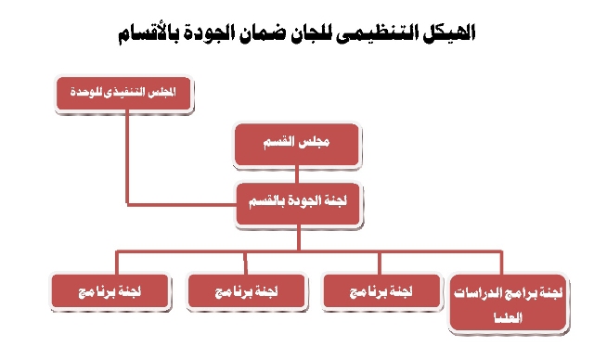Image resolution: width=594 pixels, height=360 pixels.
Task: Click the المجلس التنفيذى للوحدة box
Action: (x=123, y=93)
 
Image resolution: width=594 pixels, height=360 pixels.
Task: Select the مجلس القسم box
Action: (x=297, y=145)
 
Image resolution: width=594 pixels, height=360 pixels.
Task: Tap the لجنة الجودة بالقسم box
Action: (x=298, y=203)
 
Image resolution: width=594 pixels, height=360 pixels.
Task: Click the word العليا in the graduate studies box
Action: (x=509, y=317)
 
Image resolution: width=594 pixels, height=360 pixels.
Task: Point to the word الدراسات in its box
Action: (x=481, y=292)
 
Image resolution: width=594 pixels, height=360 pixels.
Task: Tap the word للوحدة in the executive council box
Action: (x=83, y=92)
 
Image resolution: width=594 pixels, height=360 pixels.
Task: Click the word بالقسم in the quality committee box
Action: (x=265, y=201)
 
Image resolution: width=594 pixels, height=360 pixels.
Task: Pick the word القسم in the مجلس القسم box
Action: (x=278, y=142)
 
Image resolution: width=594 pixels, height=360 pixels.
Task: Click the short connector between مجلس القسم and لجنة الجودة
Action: (x=297, y=174)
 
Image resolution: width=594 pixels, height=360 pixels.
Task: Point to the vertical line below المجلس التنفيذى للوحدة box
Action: (x=127, y=157)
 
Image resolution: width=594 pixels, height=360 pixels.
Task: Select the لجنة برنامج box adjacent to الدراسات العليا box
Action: (x=381, y=290)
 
